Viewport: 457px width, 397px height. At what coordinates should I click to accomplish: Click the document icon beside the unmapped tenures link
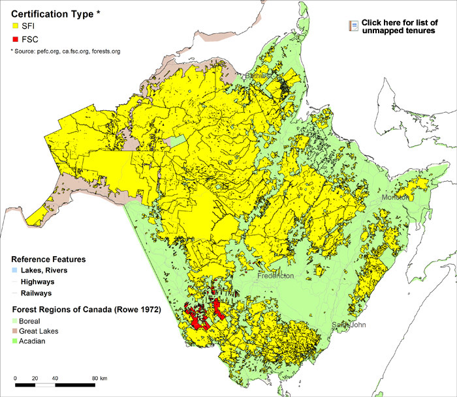353,25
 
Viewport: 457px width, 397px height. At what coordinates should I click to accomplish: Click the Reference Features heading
48,259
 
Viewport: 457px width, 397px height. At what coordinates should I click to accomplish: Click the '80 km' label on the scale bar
100,379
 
